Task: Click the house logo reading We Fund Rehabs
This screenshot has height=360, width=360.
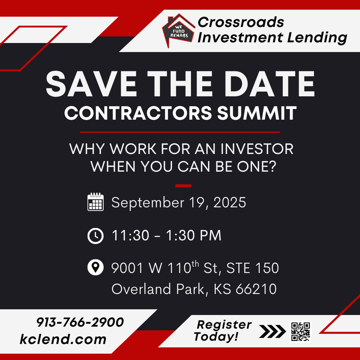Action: (x=179, y=31)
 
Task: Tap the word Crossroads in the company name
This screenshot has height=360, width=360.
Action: (x=241, y=22)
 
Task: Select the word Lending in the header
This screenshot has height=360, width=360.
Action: (x=317, y=37)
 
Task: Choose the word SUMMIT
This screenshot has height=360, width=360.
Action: (x=257, y=113)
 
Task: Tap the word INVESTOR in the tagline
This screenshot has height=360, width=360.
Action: (x=257, y=149)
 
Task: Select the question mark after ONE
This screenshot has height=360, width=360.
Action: (x=273, y=166)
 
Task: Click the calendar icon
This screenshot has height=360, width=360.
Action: (x=96, y=202)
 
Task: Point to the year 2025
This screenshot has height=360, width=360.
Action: (x=230, y=203)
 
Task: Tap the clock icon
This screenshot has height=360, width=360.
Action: (x=96, y=236)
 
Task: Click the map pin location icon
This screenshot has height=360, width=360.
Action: (x=96, y=267)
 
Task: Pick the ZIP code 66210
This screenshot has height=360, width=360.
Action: (x=256, y=289)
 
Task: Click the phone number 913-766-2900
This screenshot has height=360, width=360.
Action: (x=80, y=322)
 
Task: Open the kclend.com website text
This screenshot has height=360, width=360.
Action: (x=63, y=339)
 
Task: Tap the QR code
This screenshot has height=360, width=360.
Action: (x=301, y=332)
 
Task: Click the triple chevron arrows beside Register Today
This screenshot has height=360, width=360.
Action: (x=273, y=331)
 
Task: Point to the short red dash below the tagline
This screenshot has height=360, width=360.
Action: (x=183, y=186)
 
